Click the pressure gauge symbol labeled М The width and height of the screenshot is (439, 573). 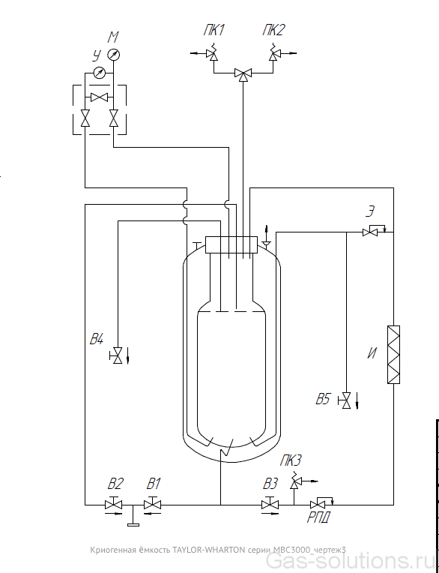[113, 55]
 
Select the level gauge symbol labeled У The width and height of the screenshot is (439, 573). [99, 73]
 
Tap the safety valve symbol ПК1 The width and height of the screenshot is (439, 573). [211, 53]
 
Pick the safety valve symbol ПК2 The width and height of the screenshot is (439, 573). [273, 53]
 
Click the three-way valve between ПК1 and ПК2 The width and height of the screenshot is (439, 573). [242, 74]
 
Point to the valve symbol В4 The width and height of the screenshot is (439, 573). [117, 355]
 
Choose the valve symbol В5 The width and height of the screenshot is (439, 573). [345, 400]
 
